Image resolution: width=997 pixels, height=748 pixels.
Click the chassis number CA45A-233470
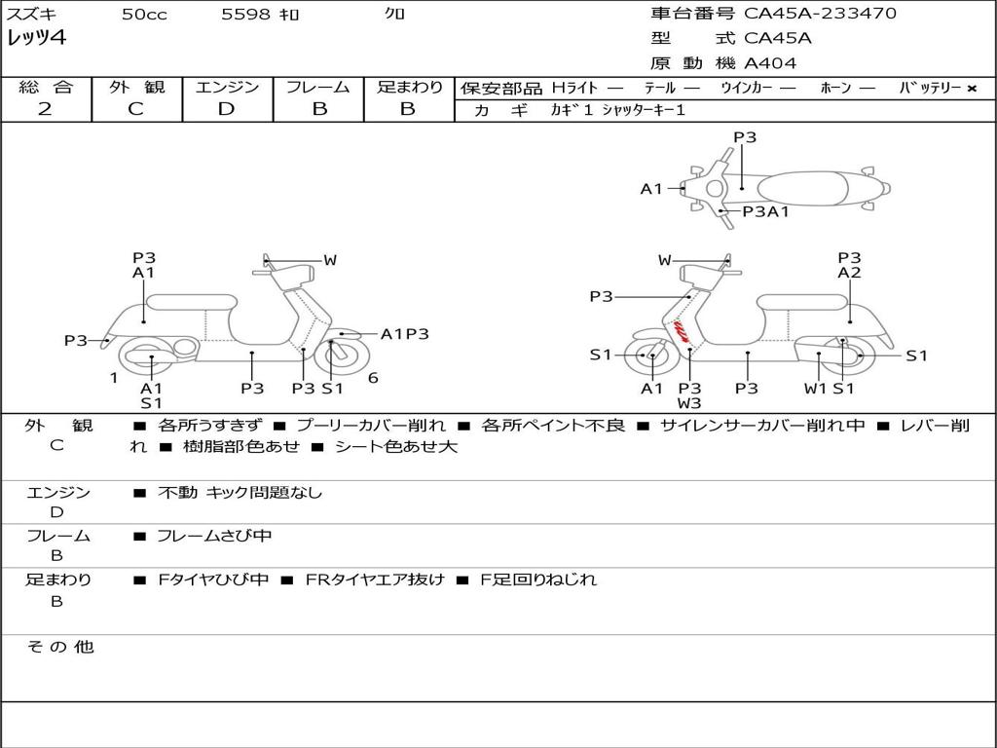click(x=820, y=14)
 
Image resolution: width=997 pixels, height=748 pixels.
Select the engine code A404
click(x=769, y=63)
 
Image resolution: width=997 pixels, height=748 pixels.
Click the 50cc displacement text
click(x=144, y=15)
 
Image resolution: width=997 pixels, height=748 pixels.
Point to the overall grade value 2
click(x=45, y=109)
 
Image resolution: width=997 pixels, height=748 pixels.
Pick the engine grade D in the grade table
click(x=227, y=109)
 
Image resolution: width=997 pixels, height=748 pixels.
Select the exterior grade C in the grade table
click(x=136, y=109)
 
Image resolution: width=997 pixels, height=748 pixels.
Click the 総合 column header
click(x=46, y=88)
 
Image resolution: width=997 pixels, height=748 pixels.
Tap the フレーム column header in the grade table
click(x=318, y=88)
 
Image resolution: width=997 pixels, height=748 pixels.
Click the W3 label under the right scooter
click(x=689, y=403)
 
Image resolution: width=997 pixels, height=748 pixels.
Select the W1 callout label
click(x=815, y=389)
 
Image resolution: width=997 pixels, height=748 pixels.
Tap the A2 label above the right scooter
click(x=849, y=274)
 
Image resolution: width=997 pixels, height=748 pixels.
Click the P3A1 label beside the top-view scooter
click(x=765, y=211)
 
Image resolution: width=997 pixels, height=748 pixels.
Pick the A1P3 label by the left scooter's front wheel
click(x=404, y=334)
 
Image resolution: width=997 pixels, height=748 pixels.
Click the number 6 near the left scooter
click(x=373, y=378)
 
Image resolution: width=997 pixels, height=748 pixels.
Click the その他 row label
click(x=59, y=647)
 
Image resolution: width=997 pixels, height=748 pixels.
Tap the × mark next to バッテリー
click(x=972, y=89)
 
